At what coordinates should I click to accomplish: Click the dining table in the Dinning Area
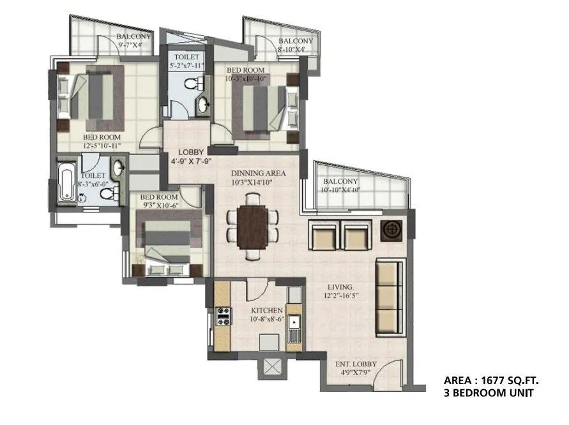(x=253, y=227)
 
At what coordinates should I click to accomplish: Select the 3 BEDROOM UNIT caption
(x=489, y=393)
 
